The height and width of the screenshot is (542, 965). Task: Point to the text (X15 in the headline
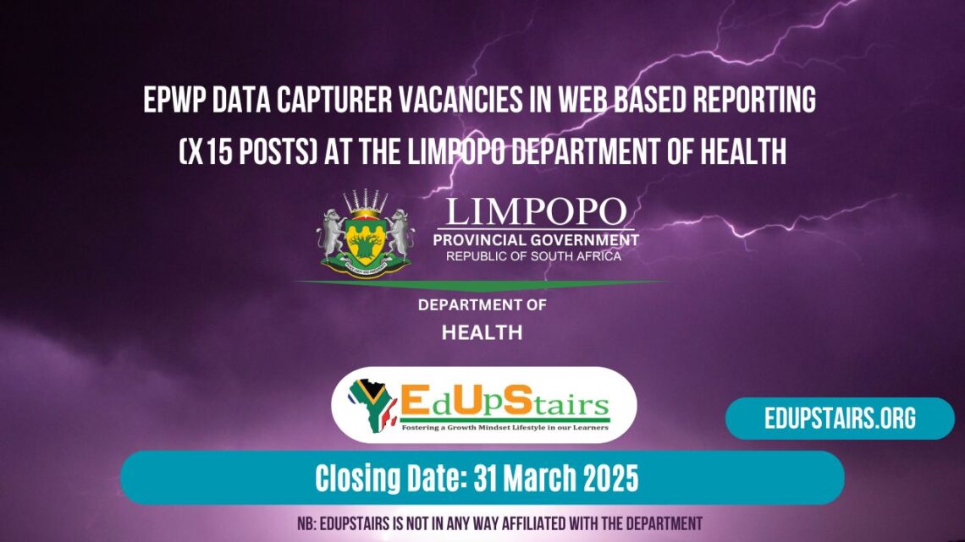[206, 152]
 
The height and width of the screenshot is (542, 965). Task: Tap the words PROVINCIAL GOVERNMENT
[536, 240]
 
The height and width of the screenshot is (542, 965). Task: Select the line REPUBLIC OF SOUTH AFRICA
[534, 255]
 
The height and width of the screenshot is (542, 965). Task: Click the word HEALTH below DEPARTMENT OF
[482, 333]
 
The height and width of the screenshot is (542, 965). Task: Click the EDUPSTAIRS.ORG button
[839, 419]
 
